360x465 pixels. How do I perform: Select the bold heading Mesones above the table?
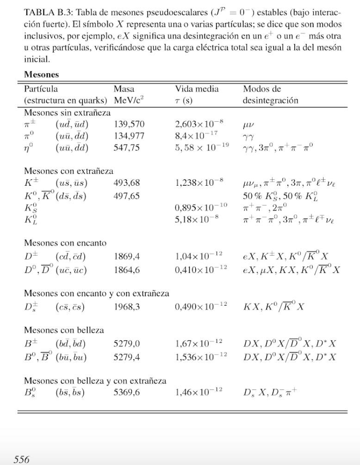click(42, 74)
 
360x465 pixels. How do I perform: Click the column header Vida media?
click(197, 88)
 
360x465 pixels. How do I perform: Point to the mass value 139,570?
click(129, 124)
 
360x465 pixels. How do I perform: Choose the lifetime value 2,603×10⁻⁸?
click(199, 124)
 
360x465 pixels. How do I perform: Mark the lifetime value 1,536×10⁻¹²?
click(199, 357)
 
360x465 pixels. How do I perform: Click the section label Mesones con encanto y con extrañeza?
click(96, 293)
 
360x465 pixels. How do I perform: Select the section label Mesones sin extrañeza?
click(67, 112)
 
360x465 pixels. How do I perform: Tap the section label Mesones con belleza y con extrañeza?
click(95, 381)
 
